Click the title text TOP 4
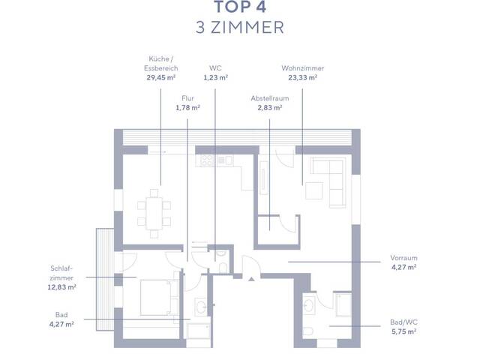239,8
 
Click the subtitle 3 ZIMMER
239,28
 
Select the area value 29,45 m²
162,76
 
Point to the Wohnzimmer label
302,67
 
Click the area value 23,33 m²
302,76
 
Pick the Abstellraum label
270,97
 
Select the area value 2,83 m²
270,107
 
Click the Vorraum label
403,256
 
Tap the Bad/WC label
403,320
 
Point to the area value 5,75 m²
403,330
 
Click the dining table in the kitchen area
154,212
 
